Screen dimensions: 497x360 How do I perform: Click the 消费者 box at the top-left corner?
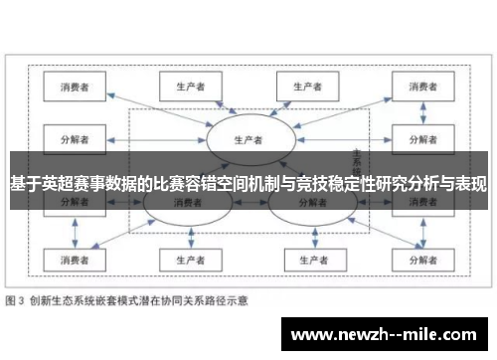[76, 87]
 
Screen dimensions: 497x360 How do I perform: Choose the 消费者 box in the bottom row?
[76, 261]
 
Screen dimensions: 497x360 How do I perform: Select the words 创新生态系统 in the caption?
[66, 299]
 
